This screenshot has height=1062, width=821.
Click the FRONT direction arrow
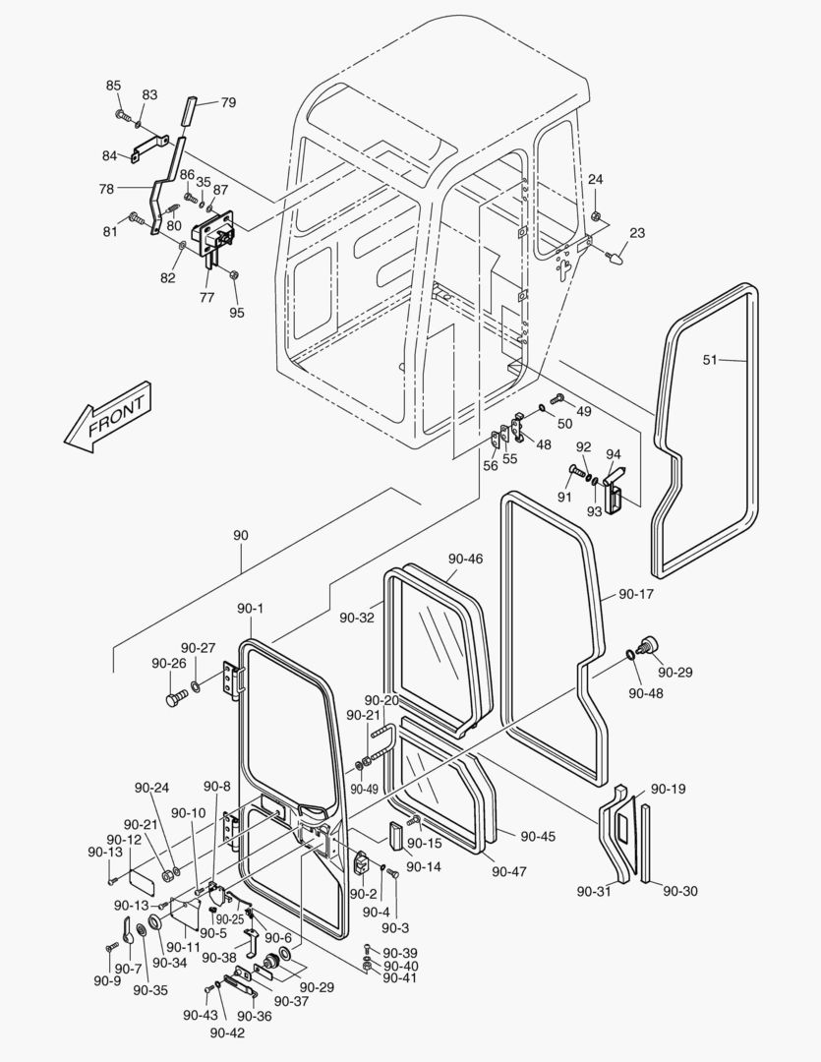pos(105,415)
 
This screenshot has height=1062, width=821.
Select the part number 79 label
pos(228,102)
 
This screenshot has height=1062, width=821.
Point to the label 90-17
pos(636,594)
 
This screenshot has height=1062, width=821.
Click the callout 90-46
pos(465,559)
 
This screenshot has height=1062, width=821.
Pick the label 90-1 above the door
pos(250,609)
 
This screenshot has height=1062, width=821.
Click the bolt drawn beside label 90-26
pos(175,699)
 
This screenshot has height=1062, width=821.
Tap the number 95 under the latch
pos(237,313)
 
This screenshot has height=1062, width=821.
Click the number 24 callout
pos(596,179)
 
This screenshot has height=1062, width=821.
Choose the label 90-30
pos(679,891)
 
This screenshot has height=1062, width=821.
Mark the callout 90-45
pos(538,836)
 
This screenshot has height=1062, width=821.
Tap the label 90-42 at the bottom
pos(227,1032)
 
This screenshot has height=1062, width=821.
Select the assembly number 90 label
pos(241,535)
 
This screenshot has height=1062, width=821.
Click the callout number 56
pos(490,466)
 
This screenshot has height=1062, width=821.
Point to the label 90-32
pos(356,618)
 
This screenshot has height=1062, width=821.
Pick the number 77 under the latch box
pos(207,295)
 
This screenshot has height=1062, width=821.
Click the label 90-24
pos(151,788)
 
